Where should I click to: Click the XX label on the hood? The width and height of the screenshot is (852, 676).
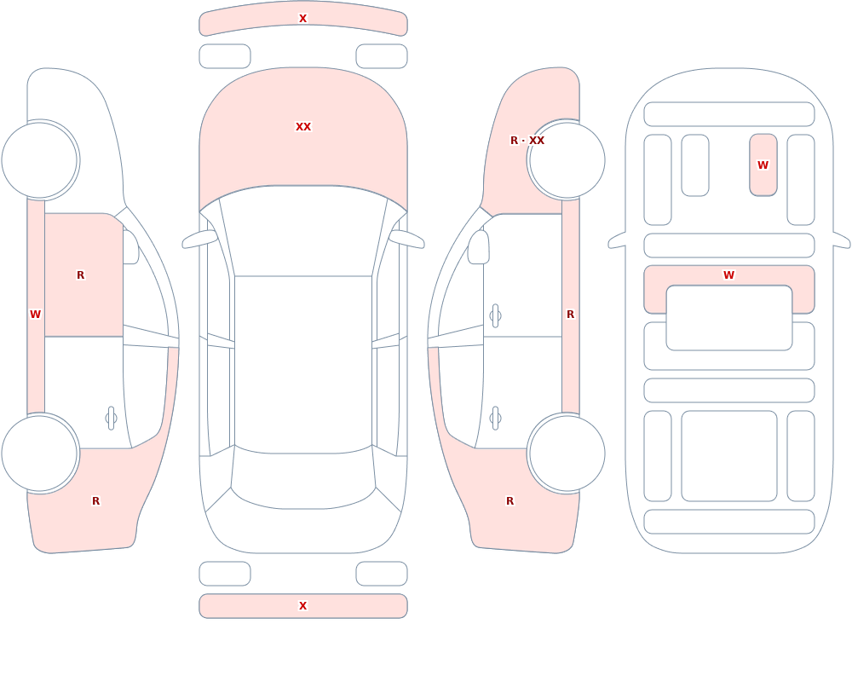(303, 127)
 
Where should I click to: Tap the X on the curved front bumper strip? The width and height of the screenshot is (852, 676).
(303, 19)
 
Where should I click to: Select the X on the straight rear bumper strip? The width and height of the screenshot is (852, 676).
(303, 606)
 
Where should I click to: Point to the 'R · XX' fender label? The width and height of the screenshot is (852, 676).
(527, 141)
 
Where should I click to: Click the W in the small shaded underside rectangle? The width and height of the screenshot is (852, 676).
(763, 165)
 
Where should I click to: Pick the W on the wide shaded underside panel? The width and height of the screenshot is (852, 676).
(729, 275)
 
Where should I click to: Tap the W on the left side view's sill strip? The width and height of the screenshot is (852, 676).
(35, 315)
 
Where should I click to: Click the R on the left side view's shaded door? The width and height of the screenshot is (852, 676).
(80, 275)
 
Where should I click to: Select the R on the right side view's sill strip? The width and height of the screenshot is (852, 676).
(571, 315)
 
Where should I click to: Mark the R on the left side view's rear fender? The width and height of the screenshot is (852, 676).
(95, 501)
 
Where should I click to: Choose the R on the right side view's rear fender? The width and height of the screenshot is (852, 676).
(509, 501)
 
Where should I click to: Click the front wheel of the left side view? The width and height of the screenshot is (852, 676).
(40, 160)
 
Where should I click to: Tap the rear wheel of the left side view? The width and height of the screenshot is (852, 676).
(40, 453)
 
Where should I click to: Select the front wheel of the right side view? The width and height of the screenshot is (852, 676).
(567, 160)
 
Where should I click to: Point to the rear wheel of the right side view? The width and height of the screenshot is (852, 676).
(567, 453)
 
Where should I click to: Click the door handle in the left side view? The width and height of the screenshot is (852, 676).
(111, 419)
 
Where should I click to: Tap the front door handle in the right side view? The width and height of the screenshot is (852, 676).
(495, 316)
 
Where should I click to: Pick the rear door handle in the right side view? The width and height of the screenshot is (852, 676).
(495, 419)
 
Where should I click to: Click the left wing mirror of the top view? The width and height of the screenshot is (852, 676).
(199, 240)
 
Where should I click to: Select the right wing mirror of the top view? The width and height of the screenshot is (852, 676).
(406, 240)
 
